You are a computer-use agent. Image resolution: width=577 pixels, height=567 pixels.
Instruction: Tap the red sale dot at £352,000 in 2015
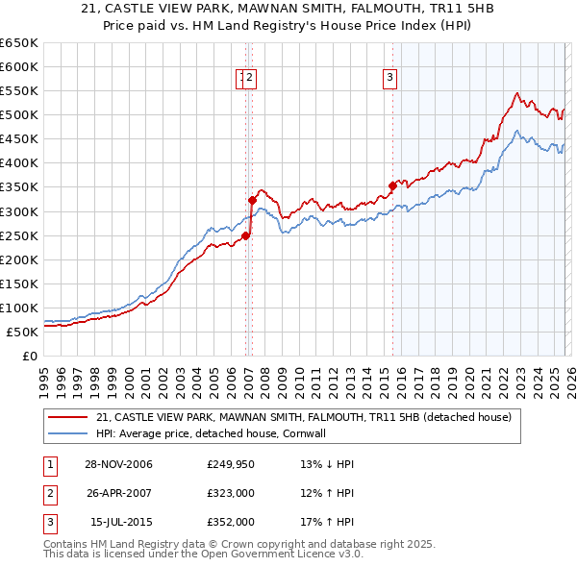[x=392, y=185]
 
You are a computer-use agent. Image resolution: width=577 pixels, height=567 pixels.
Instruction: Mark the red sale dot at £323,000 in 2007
[x=253, y=200]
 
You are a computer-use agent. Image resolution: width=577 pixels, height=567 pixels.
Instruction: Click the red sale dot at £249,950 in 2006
[x=246, y=235]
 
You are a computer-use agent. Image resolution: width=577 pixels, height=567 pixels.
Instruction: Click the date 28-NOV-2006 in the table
[x=118, y=465]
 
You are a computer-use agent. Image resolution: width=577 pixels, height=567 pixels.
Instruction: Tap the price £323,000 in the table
[x=230, y=494]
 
